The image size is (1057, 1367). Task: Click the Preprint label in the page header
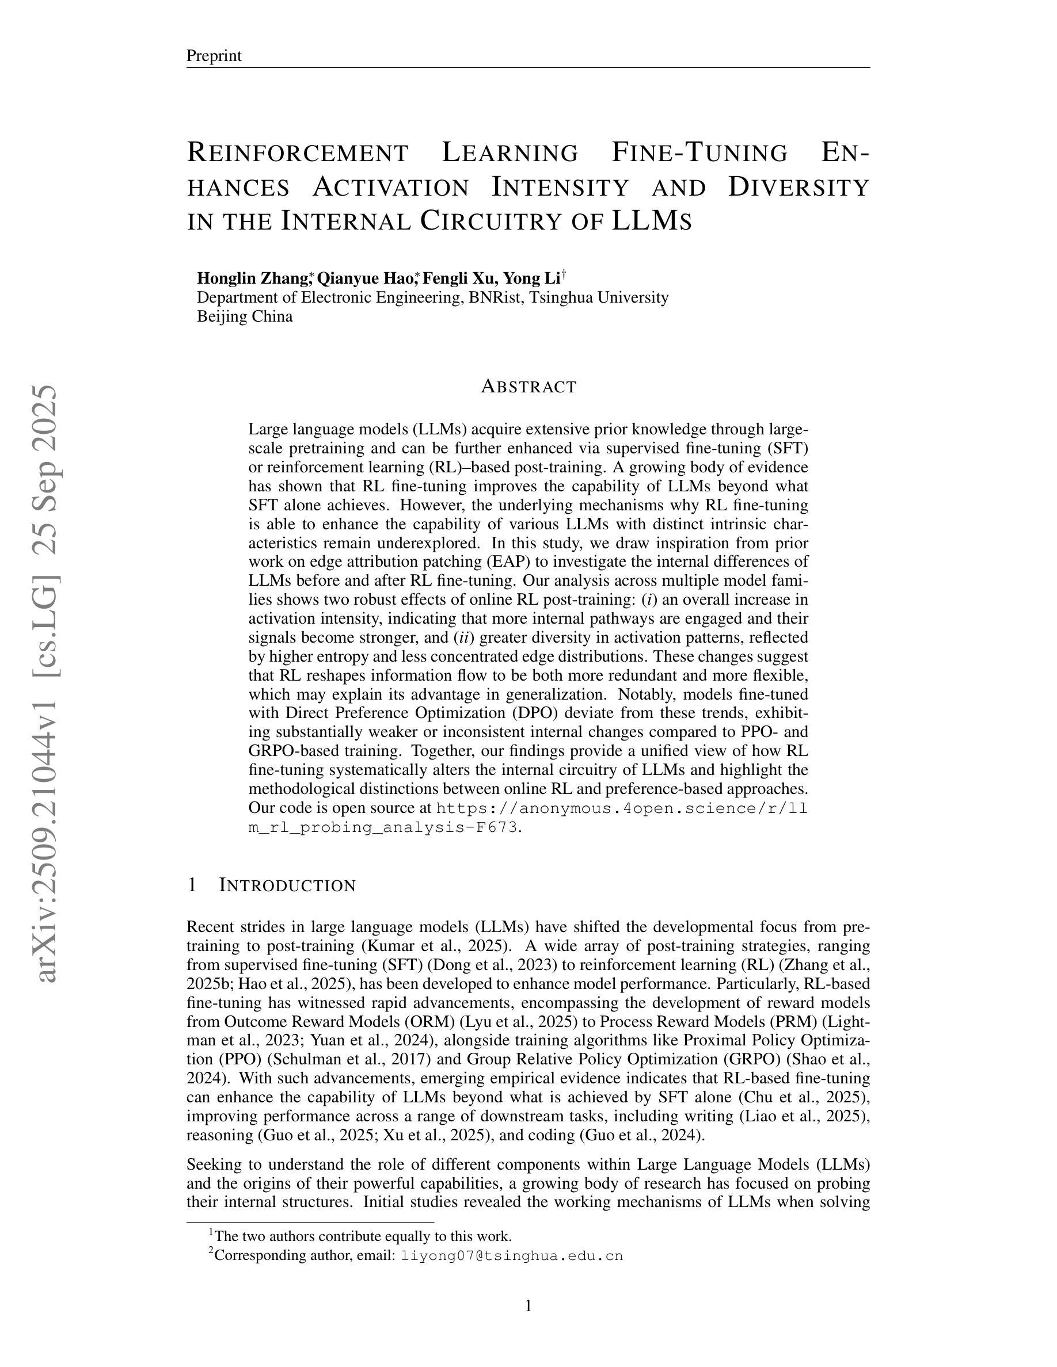coord(214,56)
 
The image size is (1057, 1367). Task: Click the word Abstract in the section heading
coord(528,387)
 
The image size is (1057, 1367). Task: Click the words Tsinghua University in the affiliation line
coord(599,297)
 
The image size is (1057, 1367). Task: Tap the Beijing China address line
coord(244,316)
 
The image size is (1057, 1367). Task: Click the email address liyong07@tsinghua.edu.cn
coord(512,1255)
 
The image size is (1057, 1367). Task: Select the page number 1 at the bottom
coord(528,1305)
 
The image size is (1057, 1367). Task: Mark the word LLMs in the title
coord(651,220)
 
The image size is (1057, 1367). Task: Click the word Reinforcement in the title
coord(298,152)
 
